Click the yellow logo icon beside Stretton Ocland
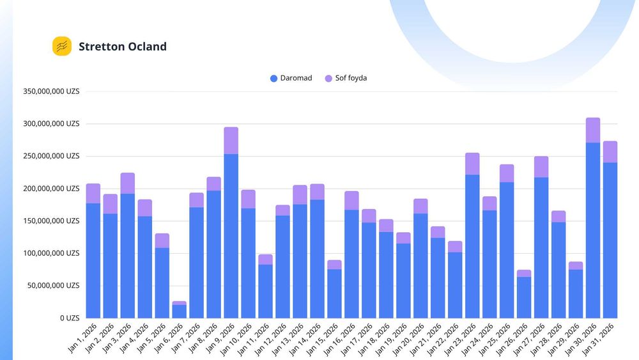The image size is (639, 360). point(62,46)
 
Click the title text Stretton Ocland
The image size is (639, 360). point(123,47)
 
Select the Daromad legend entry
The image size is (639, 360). point(291,78)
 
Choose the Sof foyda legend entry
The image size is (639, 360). point(346,78)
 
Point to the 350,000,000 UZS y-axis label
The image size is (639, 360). point(51,91)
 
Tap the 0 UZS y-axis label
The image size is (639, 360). point(70,318)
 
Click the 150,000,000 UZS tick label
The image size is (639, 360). point(51,221)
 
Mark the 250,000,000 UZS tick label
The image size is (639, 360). point(51,156)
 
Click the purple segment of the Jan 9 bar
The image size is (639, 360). point(231,141)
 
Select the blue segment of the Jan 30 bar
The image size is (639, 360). point(593,230)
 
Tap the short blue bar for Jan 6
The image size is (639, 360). point(180,311)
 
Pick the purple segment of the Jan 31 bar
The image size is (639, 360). point(610,152)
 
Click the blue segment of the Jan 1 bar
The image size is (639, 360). point(93,260)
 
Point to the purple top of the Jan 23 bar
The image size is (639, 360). point(472,164)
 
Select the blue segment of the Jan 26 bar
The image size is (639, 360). point(524,297)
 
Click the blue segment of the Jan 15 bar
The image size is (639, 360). point(335,294)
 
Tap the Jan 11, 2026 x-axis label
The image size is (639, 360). point(254,339)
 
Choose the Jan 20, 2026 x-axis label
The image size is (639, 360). point(409,339)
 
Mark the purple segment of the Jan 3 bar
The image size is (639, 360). point(128,184)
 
